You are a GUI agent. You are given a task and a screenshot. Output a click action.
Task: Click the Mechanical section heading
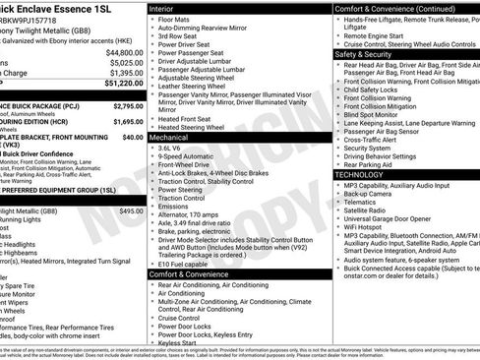172,139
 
